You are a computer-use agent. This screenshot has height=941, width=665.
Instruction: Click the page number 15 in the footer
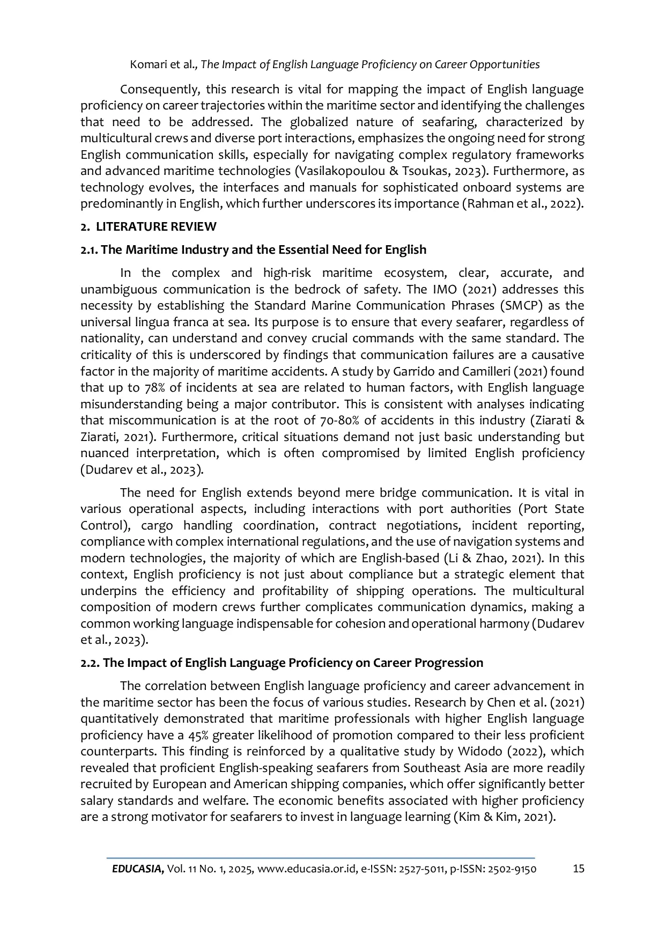click(x=578, y=869)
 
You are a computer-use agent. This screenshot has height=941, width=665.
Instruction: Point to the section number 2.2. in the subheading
click(x=90, y=663)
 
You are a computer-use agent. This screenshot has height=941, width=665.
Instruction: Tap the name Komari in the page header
click(x=147, y=65)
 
